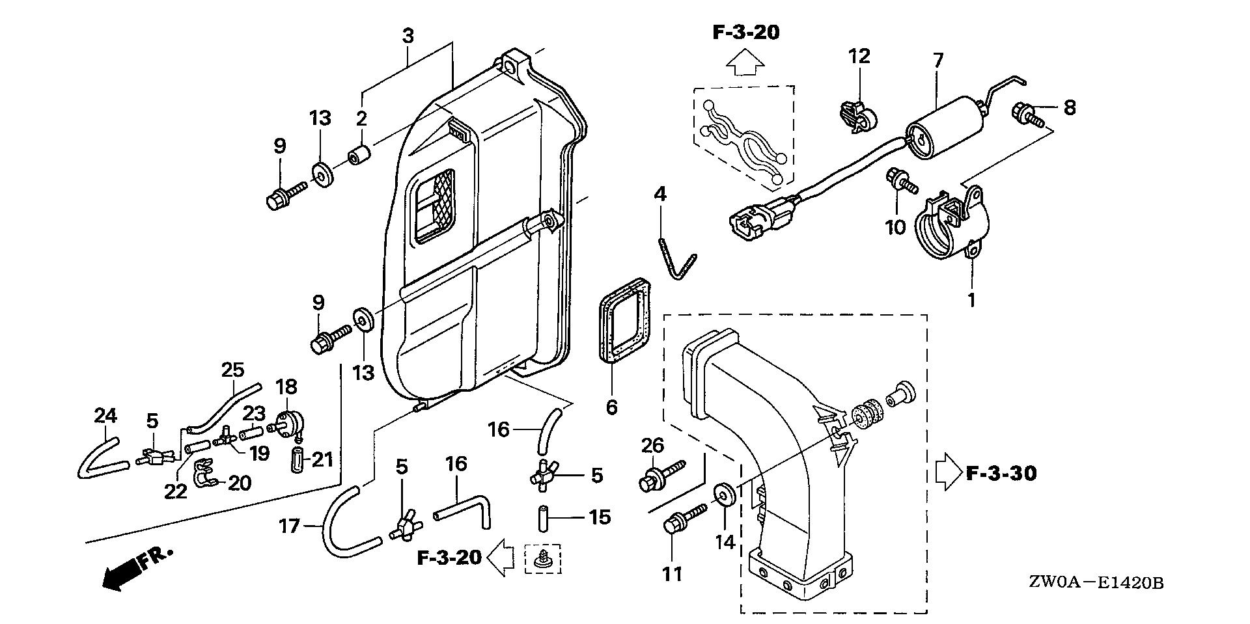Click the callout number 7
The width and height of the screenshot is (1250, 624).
click(937, 62)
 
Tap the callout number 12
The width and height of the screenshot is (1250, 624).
click(859, 57)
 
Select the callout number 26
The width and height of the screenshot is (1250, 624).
click(652, 446)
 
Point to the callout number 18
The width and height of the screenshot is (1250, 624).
click(286, 387)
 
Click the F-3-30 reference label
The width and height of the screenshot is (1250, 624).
click(1001, 473)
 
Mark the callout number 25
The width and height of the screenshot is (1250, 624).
click(232, 371)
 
